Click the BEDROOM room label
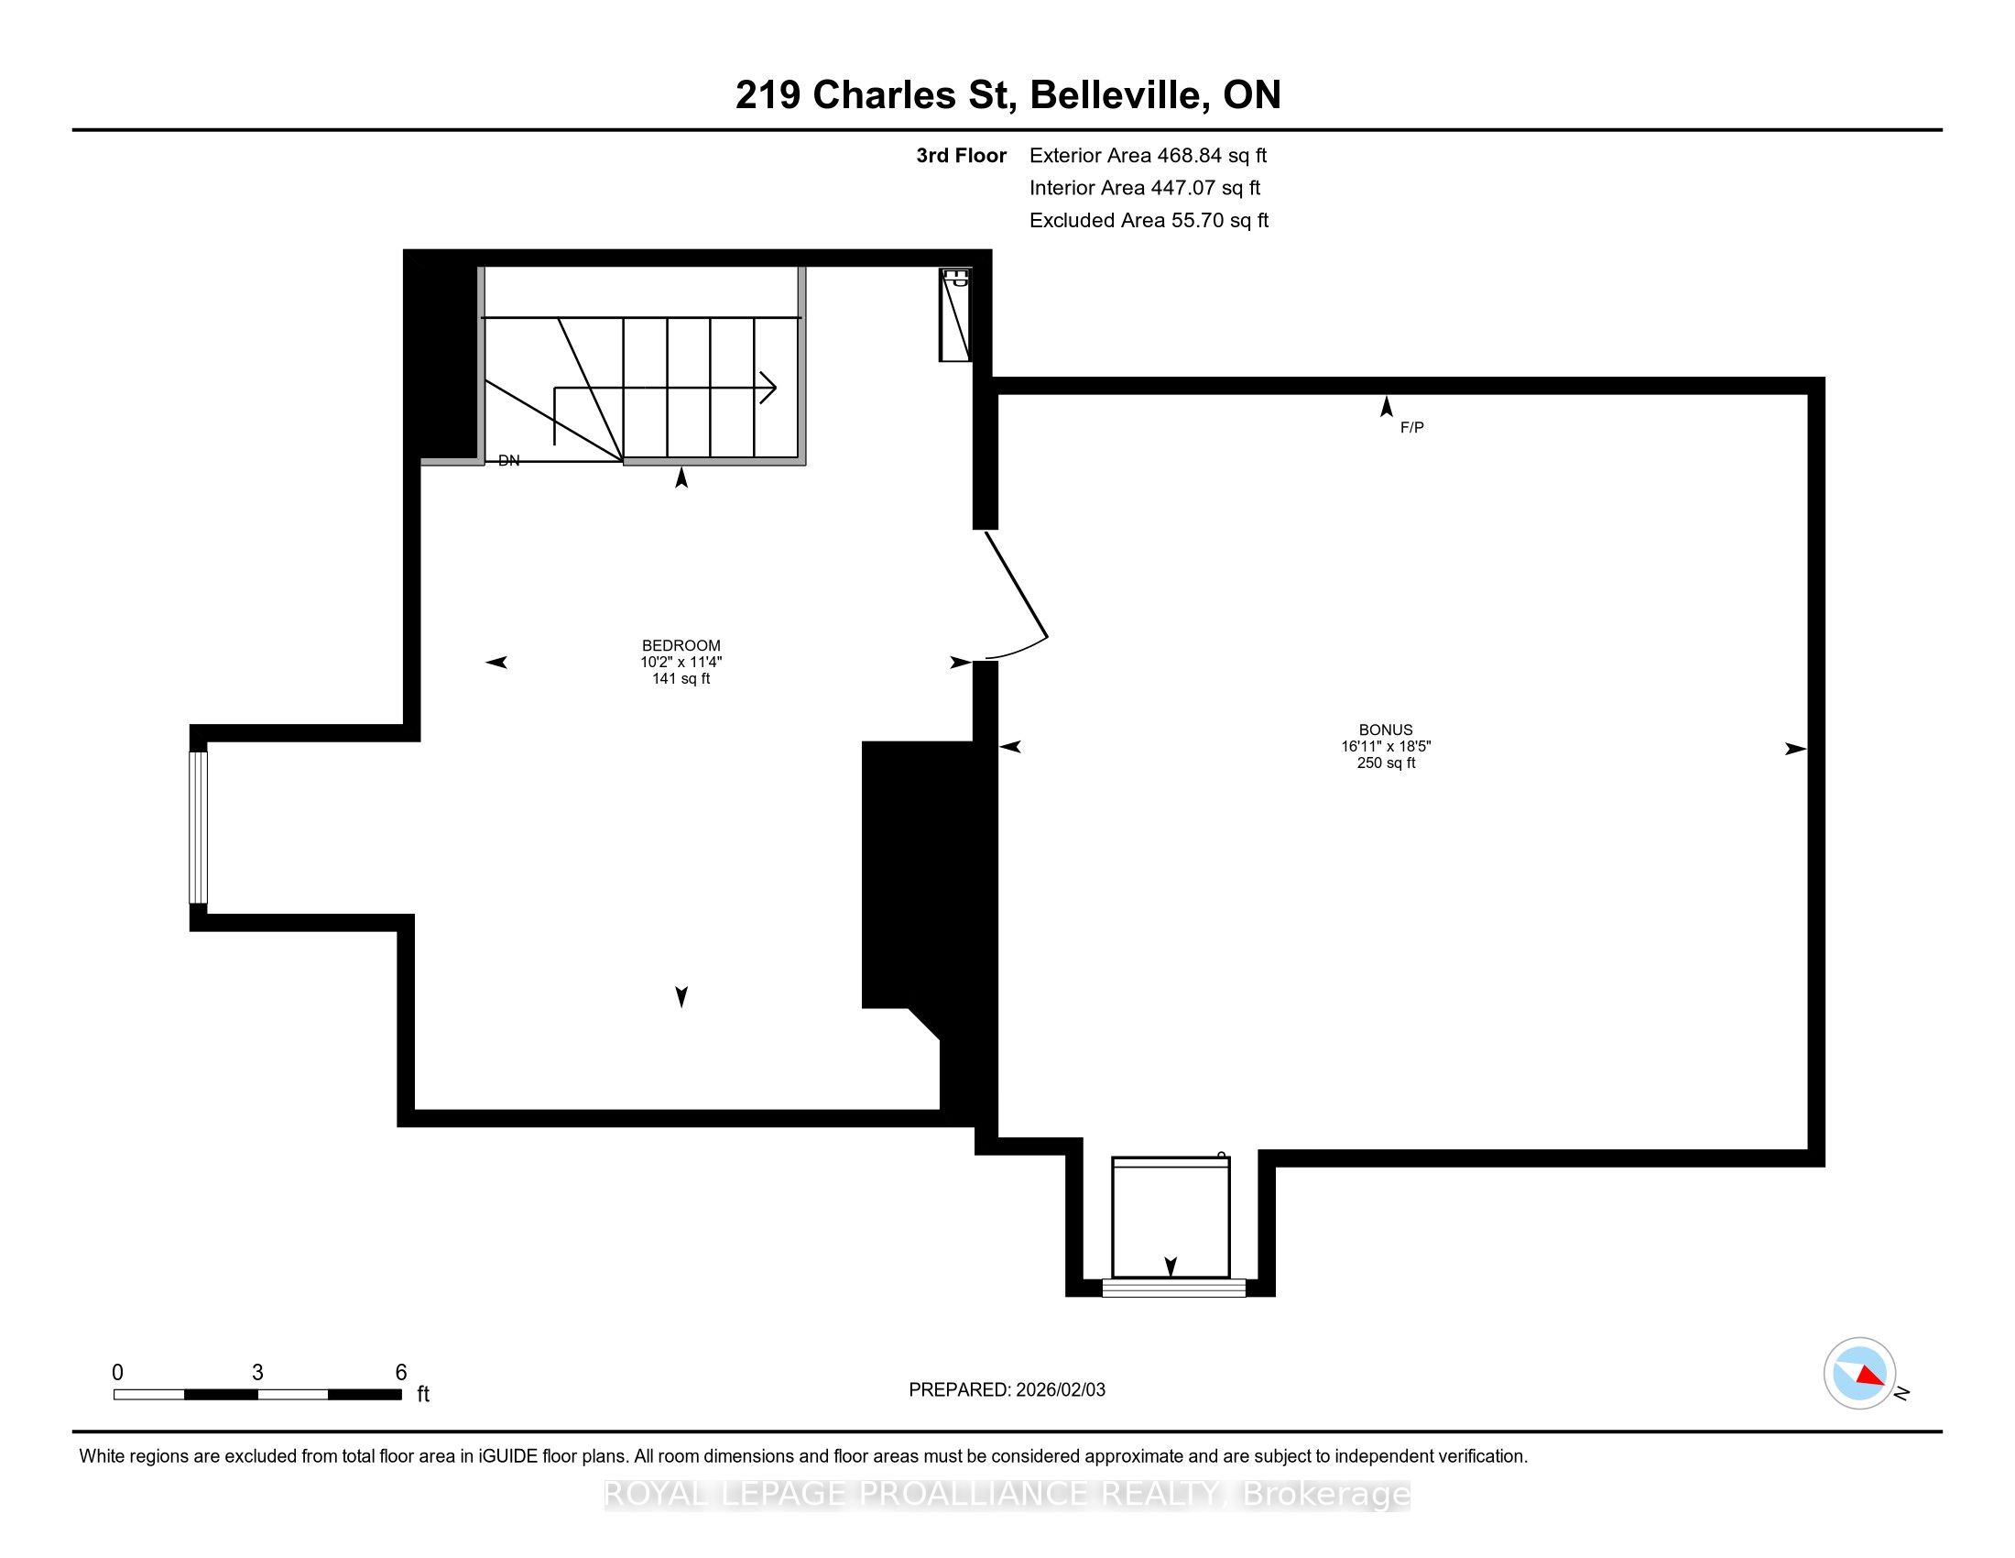pyautogui.click(x=681, y=645)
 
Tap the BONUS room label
pyautogui.click(x=1385, y=730)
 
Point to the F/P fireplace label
pyautogui.click(x=1411, y=427)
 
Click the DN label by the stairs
pyautogui.click(x=508, y=461)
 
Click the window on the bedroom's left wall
pyautogui.click(x=199, y=827)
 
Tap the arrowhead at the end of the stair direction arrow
pyautogui.click(x=768, y=388)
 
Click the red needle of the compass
pyautogui.click(x=1870, y=1376)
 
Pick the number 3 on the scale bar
pyautogui.click(x=257, y=1373)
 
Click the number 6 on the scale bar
pyautogui.click(x=401, y=1373)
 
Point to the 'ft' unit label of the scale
pyautogui.click(x=423, y=1394)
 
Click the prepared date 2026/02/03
pyautogui.click(x=1059, y=1390)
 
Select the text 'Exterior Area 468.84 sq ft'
pyautogui.click(x=1148, y=156)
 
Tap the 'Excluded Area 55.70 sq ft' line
pyautogui.click(x=1149, y=221)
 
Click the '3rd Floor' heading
pyautogui.click(x=961, y=156)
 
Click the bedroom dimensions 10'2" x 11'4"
pyautogui.click(x=681, y=662)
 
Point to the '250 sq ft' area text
pyautogui.click(x=1386, y=763)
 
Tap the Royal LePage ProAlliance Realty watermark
pyautogui.click(x=1007, y=1494)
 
